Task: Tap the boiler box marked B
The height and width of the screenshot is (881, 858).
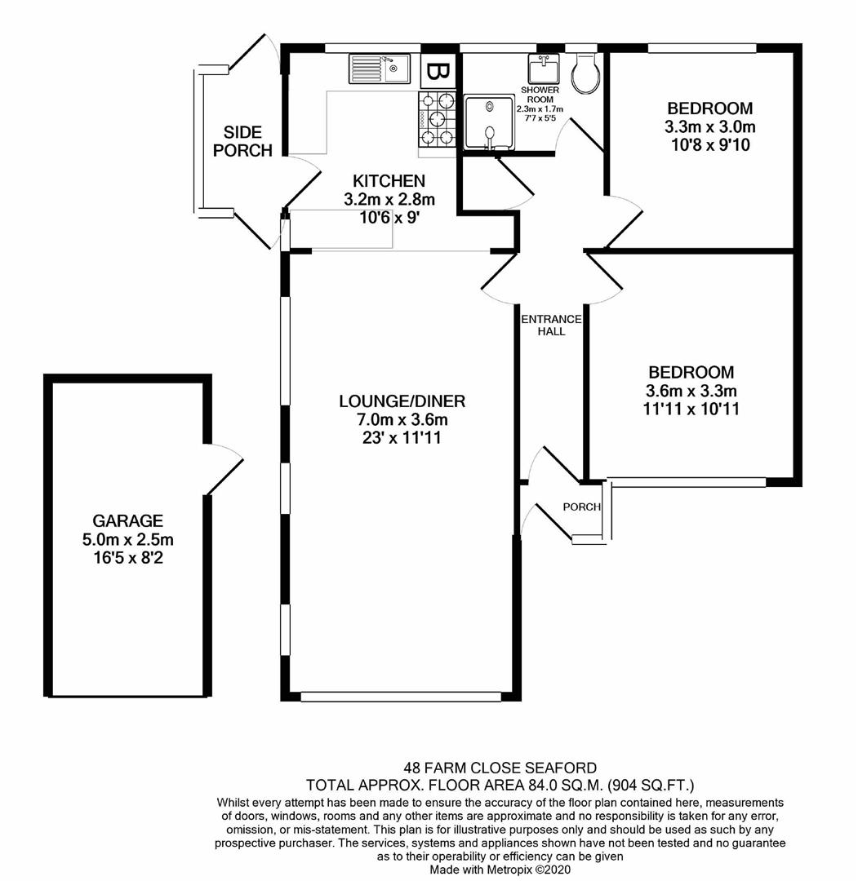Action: click(x=438, y=72)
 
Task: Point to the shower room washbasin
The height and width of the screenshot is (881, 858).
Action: click(x=543, y=69)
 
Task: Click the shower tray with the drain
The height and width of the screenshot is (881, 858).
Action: click(x=489, y=123)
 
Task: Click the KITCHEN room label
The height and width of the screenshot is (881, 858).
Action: click(x=389, y=181)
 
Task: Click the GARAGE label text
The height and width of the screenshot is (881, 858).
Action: click(x=127, y=520)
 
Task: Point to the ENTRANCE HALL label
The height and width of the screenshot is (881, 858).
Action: click(x=552, y=325)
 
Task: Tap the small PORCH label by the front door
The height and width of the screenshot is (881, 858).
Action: click(x=582, y=507)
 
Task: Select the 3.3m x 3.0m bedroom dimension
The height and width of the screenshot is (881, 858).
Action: click(x=709, y=127)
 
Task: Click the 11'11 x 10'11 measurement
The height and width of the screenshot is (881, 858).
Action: click(x=691, y=410)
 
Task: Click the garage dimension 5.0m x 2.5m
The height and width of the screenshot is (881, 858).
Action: click(x=127, y=539)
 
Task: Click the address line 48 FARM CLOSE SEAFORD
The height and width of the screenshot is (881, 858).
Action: click(x=500, y=768)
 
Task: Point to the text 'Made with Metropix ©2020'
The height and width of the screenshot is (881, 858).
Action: click(x=500, y=870)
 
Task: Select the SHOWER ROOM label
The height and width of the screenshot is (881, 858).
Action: click(x=540, y=95)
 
